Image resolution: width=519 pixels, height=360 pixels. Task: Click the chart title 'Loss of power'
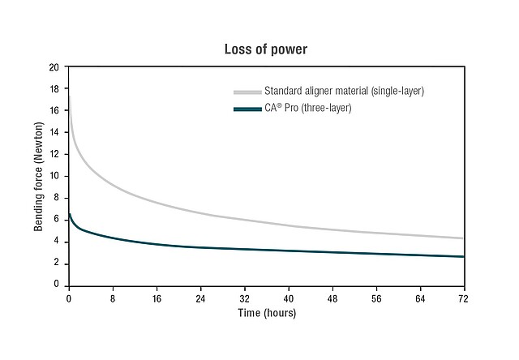pos(266,49)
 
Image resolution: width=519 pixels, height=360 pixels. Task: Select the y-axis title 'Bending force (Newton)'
pos(38,175)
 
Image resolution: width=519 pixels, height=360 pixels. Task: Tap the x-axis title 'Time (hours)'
pos(267,313)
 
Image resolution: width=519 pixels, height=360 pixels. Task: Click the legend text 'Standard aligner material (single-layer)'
pos(344,91)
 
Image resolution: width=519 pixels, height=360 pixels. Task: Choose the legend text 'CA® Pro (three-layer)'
pos(307,108)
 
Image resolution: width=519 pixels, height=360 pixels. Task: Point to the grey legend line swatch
pos(247,92)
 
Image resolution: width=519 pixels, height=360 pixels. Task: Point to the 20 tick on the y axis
pos(55,67)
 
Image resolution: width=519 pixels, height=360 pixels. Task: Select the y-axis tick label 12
pos(55,154)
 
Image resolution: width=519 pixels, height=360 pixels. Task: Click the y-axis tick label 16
pos(55,111)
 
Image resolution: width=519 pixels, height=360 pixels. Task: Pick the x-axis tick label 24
pos(201,298)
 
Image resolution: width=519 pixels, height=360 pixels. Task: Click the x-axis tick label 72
pos(464,298)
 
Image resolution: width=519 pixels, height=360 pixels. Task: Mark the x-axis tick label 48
pos(332,298)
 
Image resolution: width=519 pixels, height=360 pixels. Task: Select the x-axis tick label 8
pos(114,298)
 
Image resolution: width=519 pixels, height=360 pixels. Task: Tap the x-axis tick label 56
pos(376,298)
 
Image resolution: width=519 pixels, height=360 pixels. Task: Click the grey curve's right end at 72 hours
pos(463,238)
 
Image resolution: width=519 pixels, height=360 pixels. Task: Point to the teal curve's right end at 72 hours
pos(463,256)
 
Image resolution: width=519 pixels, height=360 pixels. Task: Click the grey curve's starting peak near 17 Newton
pos(70,97)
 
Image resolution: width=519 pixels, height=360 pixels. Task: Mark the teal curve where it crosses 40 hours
pos(289,251)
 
